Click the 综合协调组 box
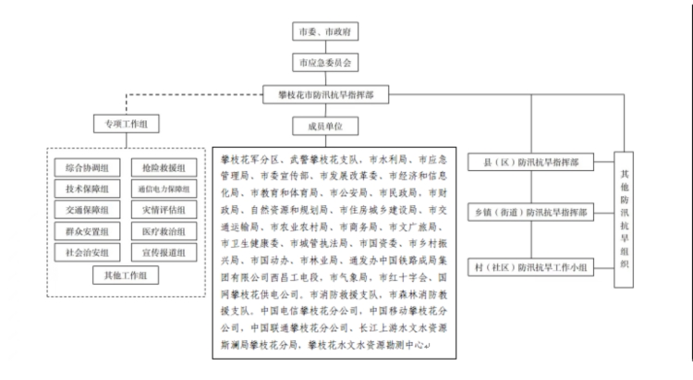(x=87, y=167)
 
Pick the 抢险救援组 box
(x=164, y=167)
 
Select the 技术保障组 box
(x=87, y=189)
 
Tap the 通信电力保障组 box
(x=164, y=189)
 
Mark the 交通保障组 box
(x=87, y=210)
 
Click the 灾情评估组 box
(x=164, y=210)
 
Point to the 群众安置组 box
(x=87, y=231)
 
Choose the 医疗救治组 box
(x=164, y=231)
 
